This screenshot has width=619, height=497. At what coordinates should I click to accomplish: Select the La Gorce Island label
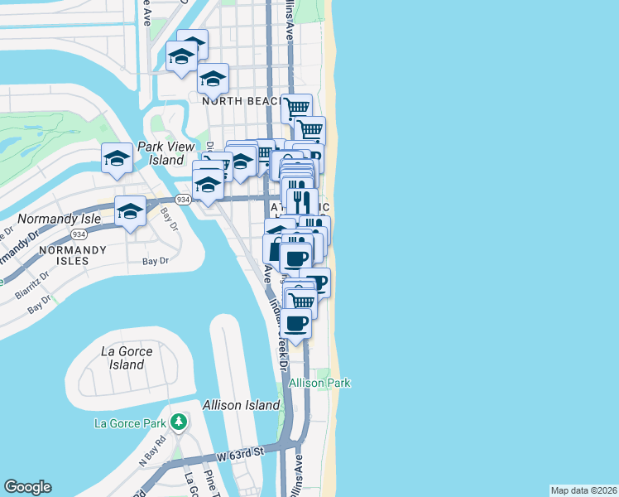127,358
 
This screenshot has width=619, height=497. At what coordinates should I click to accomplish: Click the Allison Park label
319,383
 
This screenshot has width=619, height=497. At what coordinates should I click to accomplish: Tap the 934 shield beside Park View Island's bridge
184,200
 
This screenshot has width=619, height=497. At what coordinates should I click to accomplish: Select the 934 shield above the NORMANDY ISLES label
79,234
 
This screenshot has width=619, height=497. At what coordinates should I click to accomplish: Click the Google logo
27,487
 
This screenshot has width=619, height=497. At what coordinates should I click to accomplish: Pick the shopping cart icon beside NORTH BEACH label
296,107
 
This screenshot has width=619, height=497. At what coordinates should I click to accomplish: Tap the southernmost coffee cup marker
296,323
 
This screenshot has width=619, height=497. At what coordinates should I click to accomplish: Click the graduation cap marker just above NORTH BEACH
213,80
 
